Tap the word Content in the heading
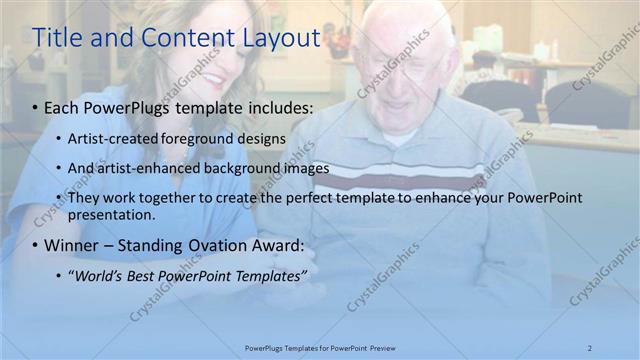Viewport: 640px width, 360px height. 178,38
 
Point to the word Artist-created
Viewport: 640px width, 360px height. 111,137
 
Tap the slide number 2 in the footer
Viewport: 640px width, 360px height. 589,347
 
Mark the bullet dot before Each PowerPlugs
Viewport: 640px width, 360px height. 36,105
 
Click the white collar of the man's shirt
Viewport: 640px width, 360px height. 400,137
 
